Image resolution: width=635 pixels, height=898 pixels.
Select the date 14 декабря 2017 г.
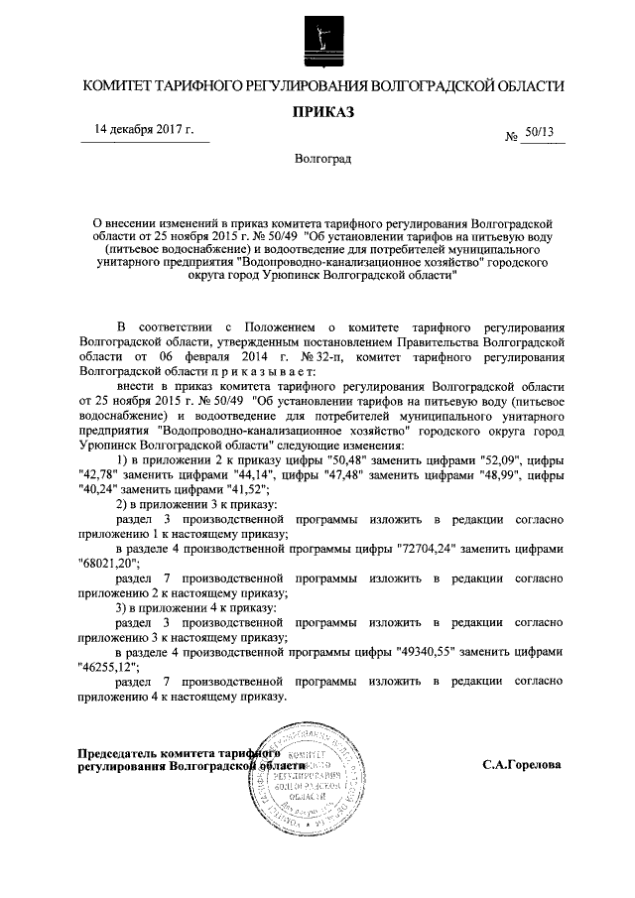(x=144, y=130)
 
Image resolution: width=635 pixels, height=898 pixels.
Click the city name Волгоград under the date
(x=317, y=159)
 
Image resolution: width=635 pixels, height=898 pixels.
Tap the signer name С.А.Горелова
(x=521, y=766)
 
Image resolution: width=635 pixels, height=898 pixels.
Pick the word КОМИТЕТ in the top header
(x=118, y=87)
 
